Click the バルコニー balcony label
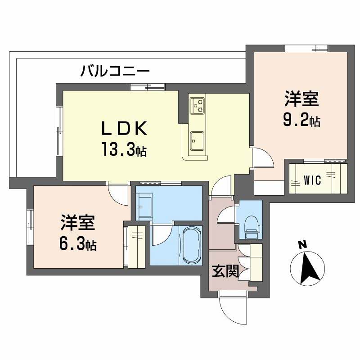click(x=115, y=71)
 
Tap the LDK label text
click(x=124, y=129)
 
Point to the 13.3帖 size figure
click(x=124, y=149)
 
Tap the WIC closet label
click(x=312, y=180)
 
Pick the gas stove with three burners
click(x=197, y=105)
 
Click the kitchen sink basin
click(x=197, y=141)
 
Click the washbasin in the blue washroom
click(x=144, y=207)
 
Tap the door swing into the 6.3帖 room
click(x=118, y=195)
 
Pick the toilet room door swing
click(x=226, y=215)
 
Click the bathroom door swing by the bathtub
click(x=161, y=234)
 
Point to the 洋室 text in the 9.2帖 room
click(x=301, y=99)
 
